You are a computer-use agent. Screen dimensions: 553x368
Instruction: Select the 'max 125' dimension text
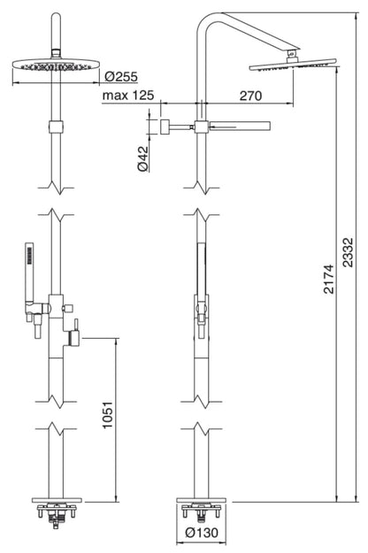[129, 95]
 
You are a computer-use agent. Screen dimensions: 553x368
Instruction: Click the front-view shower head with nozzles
[56, 66]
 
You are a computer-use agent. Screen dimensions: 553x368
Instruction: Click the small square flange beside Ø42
[164, 126]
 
